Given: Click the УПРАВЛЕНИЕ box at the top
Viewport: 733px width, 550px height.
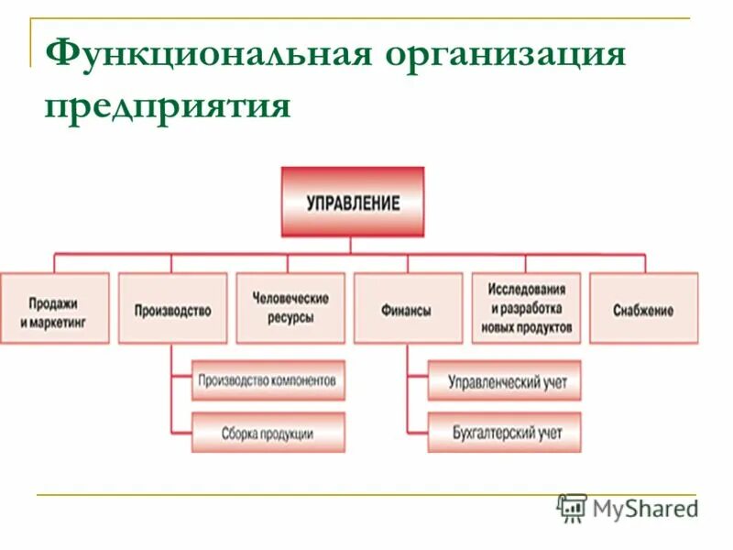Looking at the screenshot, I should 353,202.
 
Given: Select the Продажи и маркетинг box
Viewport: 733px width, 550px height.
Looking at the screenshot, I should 54,309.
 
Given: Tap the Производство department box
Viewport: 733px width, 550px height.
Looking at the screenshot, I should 172,309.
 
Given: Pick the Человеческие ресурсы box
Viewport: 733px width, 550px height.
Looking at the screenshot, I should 290,308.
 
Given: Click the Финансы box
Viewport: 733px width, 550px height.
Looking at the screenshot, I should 407,309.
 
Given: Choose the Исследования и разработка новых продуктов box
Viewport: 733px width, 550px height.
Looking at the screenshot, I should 526,308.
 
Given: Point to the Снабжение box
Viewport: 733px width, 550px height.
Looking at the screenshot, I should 643,309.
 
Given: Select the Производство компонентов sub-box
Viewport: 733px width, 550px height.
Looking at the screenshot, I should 268,379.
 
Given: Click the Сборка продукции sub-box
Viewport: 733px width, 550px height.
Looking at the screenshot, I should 268,432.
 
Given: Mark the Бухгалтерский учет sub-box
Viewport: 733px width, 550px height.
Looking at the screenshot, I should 504,432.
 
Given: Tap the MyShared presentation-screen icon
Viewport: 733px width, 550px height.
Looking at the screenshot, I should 572,508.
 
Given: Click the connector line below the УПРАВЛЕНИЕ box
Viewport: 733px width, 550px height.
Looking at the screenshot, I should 351,245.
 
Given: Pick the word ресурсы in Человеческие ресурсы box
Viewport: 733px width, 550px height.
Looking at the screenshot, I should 290,318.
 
